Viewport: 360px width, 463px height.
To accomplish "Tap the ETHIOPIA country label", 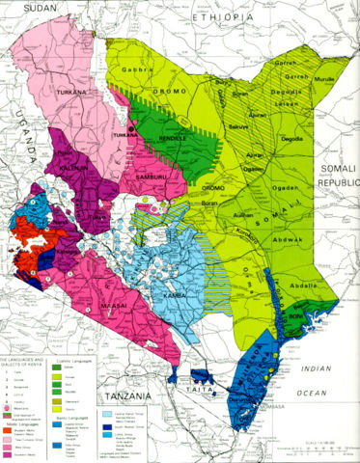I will click(x=224, y=17).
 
